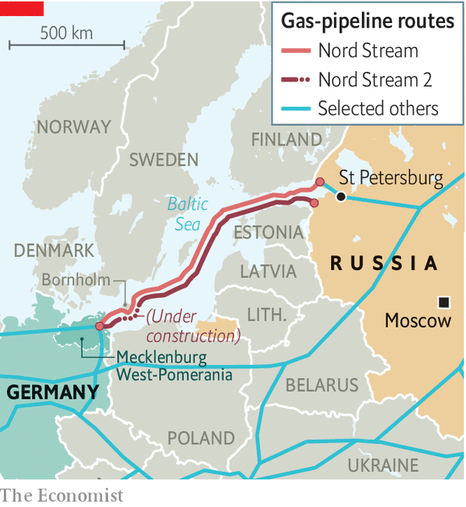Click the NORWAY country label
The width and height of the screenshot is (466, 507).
(74, 127)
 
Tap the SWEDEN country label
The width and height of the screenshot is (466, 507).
(163, 160)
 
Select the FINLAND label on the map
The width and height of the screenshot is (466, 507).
(287, 140)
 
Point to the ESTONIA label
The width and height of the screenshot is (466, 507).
(268, 233)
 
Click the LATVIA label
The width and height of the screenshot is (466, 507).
(268, 271)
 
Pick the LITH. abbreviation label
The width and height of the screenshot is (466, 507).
(267, 315)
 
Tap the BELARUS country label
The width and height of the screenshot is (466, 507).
(322, 385)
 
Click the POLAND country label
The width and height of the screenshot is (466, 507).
(202, 439)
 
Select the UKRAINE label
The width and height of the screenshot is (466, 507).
(382, 466)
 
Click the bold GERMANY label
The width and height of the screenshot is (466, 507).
(53, 393)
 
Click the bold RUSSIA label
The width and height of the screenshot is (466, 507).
(384, 263)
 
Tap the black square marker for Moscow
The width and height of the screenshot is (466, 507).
(443, 300)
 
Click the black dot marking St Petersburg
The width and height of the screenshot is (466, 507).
(341, 197)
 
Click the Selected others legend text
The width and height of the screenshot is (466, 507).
(378, 108)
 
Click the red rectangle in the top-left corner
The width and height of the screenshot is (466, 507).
(21, 8)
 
